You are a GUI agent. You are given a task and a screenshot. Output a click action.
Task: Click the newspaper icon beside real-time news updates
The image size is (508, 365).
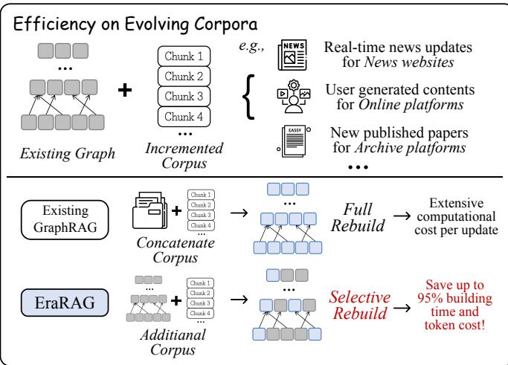point(292,54)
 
